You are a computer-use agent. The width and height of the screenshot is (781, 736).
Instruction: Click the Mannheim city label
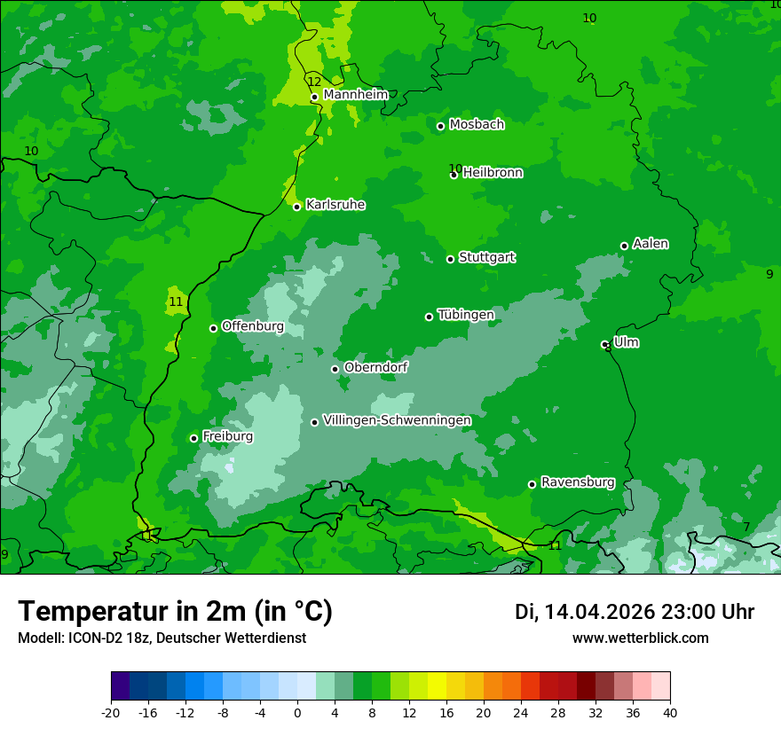point(355,95)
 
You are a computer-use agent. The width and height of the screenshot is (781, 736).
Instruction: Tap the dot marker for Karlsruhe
point(297,207)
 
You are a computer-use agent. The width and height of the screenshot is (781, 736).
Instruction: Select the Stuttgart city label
point(486,258)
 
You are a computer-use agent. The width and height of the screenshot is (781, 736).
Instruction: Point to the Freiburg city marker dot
point(194,438)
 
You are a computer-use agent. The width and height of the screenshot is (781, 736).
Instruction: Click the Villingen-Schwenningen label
point(397,420)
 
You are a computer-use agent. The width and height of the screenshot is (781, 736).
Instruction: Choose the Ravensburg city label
point(578,482)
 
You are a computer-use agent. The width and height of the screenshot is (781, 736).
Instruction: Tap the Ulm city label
point(626,342)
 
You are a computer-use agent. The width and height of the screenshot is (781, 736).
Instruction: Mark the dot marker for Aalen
point(625,246)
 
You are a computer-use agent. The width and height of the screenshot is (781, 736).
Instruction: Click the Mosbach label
point(477,125)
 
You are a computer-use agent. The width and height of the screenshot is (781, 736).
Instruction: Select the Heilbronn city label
point(493,173)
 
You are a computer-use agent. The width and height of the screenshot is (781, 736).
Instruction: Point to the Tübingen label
point(466,315)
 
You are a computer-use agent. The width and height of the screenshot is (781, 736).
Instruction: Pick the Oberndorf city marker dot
point(335,369)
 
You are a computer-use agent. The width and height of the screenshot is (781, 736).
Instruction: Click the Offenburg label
point(253,326)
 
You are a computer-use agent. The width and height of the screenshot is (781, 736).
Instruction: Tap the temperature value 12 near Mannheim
point(314,82)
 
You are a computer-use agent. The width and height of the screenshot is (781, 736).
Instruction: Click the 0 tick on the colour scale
point(297,712)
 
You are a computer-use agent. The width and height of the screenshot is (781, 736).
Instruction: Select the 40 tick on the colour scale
point(669,712)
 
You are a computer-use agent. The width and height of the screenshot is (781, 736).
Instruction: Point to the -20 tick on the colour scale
point(111,712)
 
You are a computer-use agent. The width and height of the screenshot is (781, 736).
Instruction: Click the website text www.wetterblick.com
point(640,638)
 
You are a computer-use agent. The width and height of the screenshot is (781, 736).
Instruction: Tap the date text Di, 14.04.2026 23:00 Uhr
point(635,612)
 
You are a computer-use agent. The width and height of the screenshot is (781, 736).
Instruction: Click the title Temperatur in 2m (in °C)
point(175,611)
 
